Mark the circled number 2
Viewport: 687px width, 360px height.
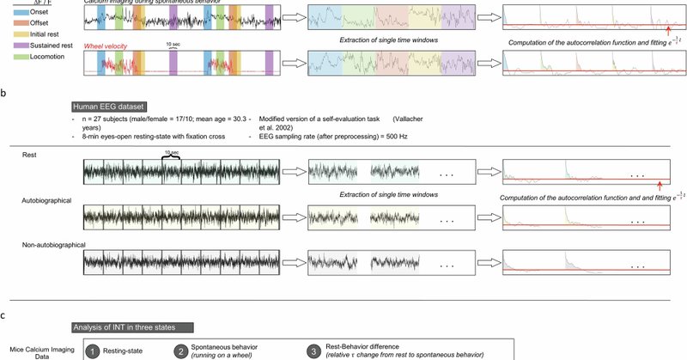coord(181,352)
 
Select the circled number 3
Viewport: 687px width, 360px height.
coord(314,352)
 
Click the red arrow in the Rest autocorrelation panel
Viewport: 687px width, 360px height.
coord(658,185)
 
